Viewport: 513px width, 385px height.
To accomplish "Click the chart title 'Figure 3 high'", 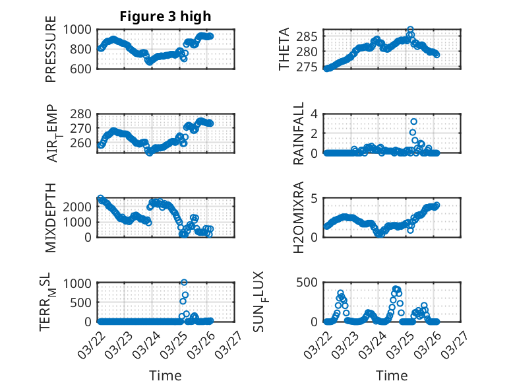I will pyautogui.click(x=166, y=17).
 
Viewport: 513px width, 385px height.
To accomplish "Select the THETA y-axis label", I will pyautogui.click(x=284, y=49).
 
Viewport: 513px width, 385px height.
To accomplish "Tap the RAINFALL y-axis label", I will pyautogui.click(x=299, y=133).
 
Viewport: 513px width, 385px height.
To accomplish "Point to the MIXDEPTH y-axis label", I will pyautogui.click(x=51, y=218).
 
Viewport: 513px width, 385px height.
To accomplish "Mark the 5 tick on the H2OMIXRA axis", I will pyautogui.click(x=315, y=198).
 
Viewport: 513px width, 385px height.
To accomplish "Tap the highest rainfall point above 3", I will pyautogui.click(x=413, y=122).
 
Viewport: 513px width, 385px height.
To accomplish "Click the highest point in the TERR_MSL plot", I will pyautogui.click(x=184, y=283).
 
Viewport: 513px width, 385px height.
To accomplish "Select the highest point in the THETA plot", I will pyautogui.click(x=410, y=30).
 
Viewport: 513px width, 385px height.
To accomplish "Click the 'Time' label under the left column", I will pyautogui.click(x=166, y=375).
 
